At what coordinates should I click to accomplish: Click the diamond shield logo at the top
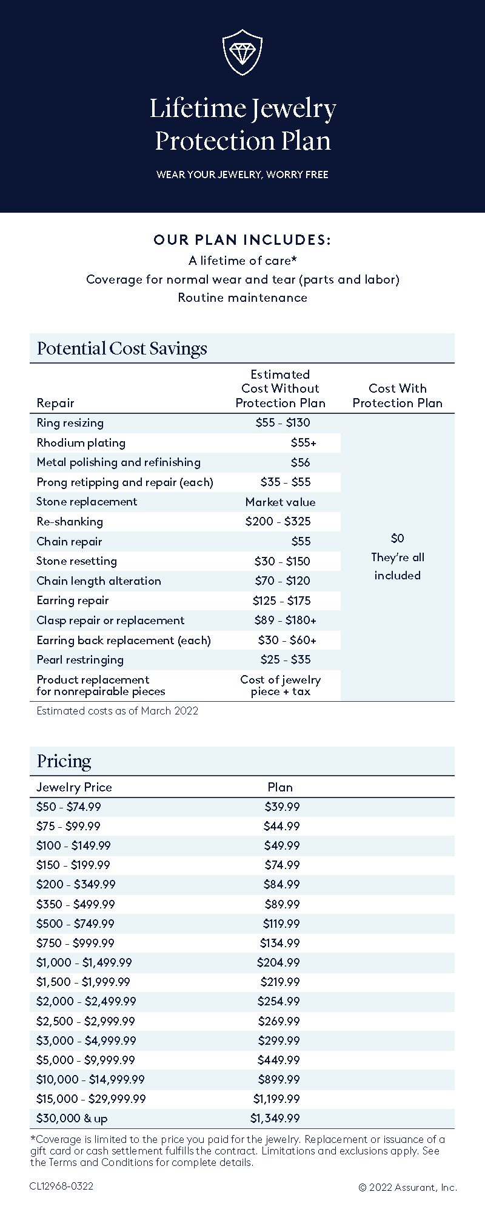242,52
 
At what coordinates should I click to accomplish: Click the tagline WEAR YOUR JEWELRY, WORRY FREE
242,175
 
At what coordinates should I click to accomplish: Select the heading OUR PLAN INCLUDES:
242,240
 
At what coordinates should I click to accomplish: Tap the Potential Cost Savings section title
122,348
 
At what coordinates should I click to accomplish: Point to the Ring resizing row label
70,423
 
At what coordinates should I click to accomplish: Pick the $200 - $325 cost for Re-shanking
278,521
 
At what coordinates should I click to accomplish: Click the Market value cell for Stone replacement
280,502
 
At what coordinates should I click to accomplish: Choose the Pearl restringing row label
80,659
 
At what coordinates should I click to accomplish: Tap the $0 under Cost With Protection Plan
398,538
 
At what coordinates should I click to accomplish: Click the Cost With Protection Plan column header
398,396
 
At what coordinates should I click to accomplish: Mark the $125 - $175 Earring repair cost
281,601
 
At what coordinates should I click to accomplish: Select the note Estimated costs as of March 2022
117,711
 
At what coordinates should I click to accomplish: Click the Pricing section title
64,761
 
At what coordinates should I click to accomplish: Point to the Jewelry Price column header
74,787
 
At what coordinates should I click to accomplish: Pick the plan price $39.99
282,807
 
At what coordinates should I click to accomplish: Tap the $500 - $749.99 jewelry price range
75,924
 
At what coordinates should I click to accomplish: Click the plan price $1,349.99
275,1118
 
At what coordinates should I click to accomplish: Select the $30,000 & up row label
72,1118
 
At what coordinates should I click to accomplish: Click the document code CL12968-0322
61,1186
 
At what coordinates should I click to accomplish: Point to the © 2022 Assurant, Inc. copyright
407,1187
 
